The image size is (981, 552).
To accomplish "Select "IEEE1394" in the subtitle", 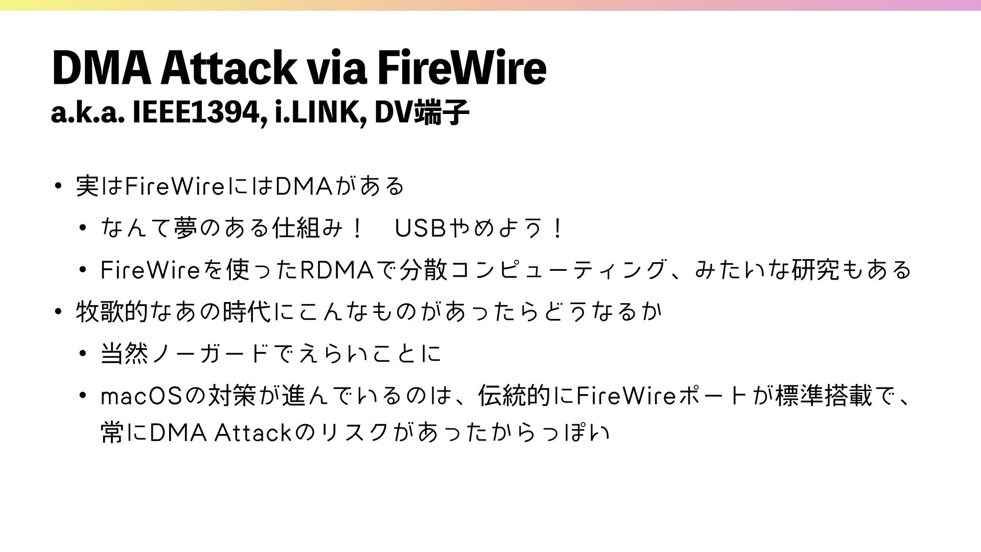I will [198, 113].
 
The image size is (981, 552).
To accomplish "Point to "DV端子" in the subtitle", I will [422, 113].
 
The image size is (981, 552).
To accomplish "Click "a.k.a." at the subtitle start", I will [87, 113].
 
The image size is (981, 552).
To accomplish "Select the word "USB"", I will [420, 228].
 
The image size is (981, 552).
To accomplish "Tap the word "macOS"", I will [142, 396].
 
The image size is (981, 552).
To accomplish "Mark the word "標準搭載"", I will [824, 396].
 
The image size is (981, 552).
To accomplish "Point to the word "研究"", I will [815, 270].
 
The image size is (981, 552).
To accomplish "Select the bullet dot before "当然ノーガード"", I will [83, 354].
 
